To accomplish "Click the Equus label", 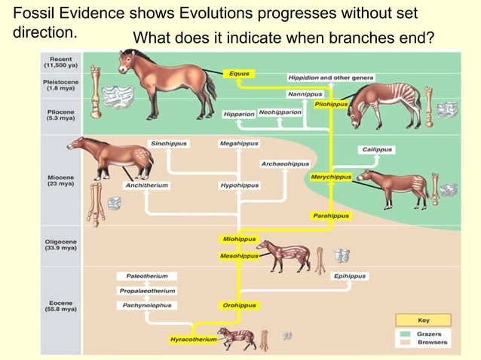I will pyautogui.click(x=240, y=74).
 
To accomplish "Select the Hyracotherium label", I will pyautogui.click(x=193, y=340).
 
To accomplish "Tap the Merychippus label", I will pyautogui.click(x=331, y=176).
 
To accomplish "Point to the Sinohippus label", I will pyautogui.click(x=168, y=143).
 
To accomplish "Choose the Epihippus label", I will pyautogui.click(x=349, y=276).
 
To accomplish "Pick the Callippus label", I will pyautogui.click(x=377, y=149).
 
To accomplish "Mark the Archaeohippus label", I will pyautogui.click(x=285, y=163).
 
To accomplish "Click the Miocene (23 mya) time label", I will pyautogui.click(x=60, y=181).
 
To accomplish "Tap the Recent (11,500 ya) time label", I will pyautogui.click(x=60, y=63).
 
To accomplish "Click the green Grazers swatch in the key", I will pyautogui.click(x=405, y=334).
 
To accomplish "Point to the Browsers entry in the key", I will pyautogui.click(x=432, y=343).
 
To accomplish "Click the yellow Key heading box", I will pyautogui.click(x=423, y=320).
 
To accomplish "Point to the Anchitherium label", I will pyautogui.click(x=147, y=185).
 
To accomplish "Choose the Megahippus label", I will pyautogui.click(x=238, y=143).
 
